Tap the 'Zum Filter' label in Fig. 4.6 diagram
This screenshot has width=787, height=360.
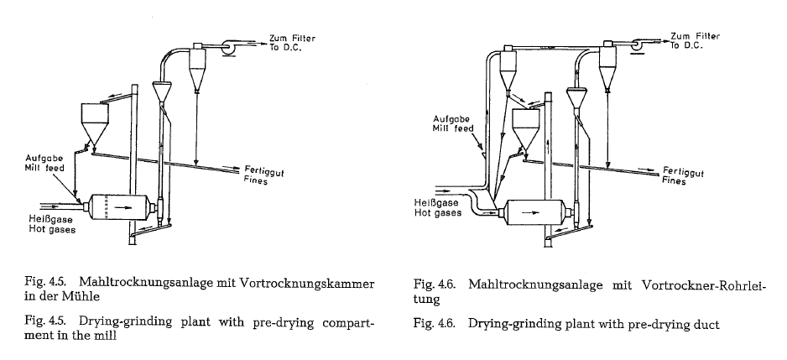click(695, 37)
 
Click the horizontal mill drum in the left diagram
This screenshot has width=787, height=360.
click(117, 205)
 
